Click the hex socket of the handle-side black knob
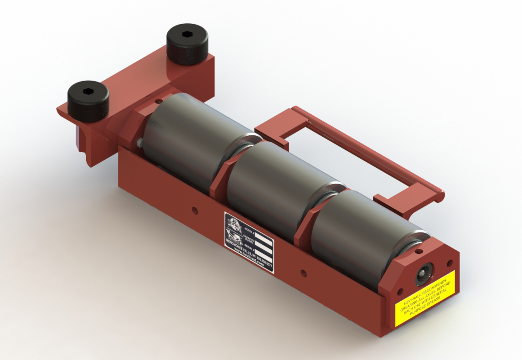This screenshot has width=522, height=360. pos(187,34)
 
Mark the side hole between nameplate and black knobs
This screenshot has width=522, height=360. pos(195,210)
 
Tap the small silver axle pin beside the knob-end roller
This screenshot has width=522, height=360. pos(137,143)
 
